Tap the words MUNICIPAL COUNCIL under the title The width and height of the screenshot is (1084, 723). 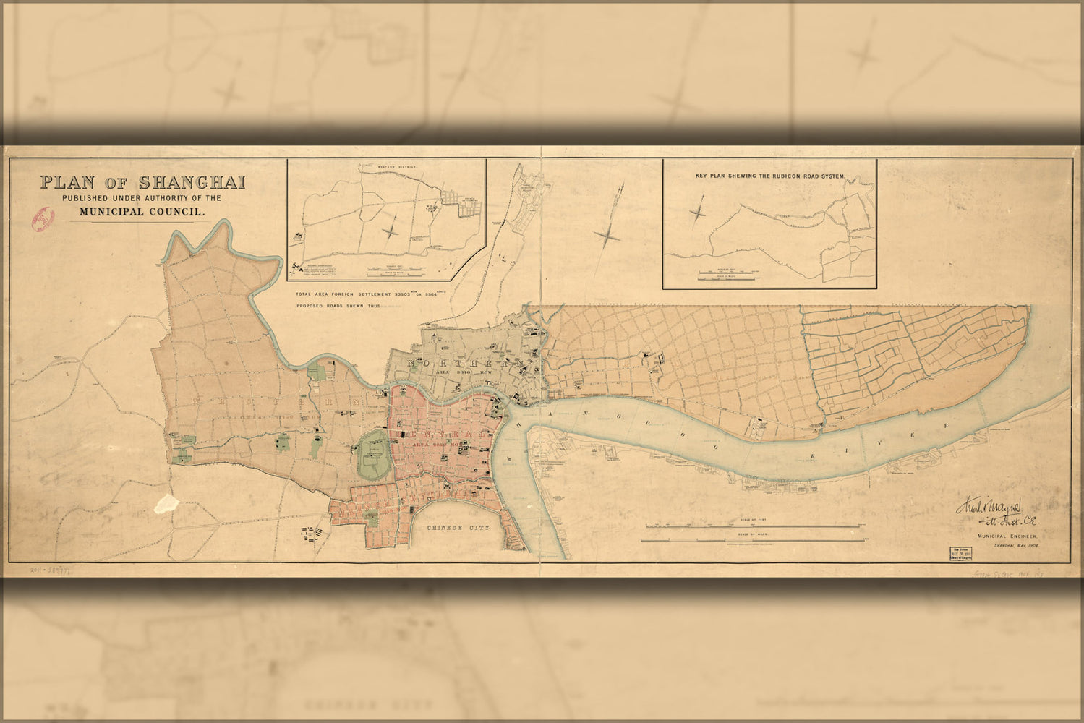click(143, 212)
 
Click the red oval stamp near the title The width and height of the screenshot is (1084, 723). click(43, 217)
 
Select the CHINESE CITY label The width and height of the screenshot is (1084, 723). click(458, 528)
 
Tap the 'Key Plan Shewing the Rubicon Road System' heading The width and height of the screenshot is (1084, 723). click(770, 176)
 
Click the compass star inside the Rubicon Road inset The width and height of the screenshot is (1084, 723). click(699, 213)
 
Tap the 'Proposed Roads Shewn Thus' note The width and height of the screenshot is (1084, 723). click(338, 307)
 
